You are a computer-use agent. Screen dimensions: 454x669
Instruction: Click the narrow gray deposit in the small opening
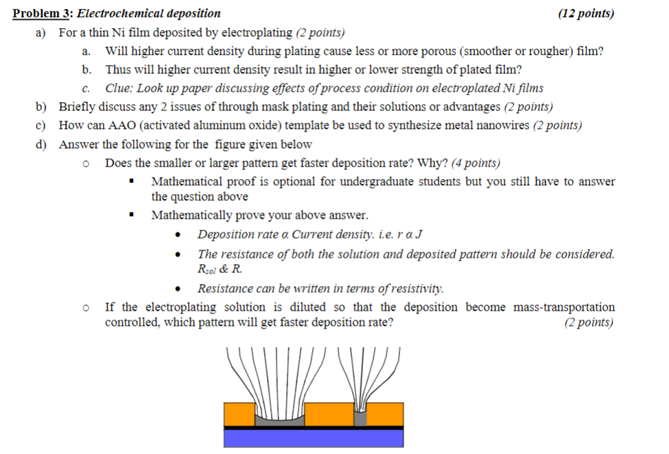pos(360,416)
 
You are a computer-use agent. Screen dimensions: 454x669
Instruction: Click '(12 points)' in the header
pos(586,13)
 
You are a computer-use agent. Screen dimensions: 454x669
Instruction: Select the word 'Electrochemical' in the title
pos(117,13)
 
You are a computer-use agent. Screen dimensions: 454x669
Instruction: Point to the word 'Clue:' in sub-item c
pos(120,88)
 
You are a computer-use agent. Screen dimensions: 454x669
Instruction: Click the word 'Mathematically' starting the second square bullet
pos(192,215)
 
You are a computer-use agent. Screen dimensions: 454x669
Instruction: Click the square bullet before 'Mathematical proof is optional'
pos(131,182)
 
